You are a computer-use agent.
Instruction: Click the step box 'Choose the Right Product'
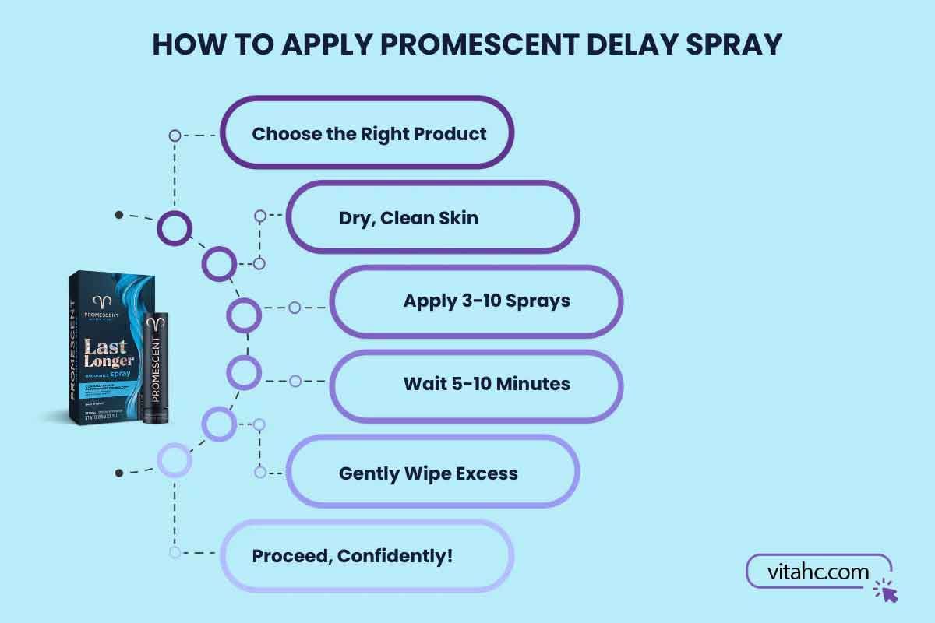[368, 132]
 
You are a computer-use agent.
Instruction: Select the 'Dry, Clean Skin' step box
[433, 217]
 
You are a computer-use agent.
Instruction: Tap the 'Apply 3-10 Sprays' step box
[477, 301]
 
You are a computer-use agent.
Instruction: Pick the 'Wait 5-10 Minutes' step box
[477, 384]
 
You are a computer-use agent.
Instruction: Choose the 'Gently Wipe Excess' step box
[433, 472]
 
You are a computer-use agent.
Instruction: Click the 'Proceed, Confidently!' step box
[368, 556]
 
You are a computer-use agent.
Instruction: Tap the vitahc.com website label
[817, 572]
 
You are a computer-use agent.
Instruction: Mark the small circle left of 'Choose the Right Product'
[175, 136]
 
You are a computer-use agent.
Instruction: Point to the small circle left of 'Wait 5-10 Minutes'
[295, 382]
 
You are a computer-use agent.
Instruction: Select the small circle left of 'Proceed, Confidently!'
[175, 552]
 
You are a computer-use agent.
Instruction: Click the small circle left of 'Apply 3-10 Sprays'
[295, 308]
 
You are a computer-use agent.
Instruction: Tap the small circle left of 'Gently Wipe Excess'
[259, 472]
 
